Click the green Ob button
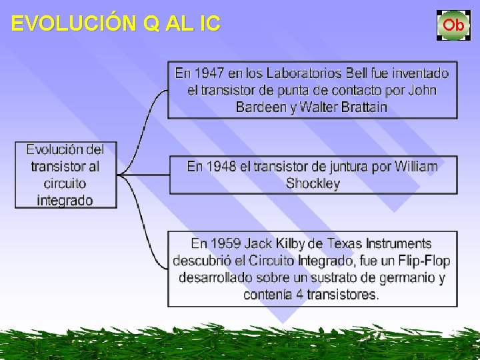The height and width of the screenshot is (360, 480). coord(453,25)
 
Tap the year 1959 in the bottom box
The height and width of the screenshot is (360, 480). coord(224,244)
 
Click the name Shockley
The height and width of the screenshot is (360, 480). coord(313,183)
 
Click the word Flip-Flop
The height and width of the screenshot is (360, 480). coord(423,261)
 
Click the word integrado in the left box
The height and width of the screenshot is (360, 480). coord(65,200)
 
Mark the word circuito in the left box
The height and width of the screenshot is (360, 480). coord(65,183)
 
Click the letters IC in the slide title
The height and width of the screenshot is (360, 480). coord(209,25)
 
